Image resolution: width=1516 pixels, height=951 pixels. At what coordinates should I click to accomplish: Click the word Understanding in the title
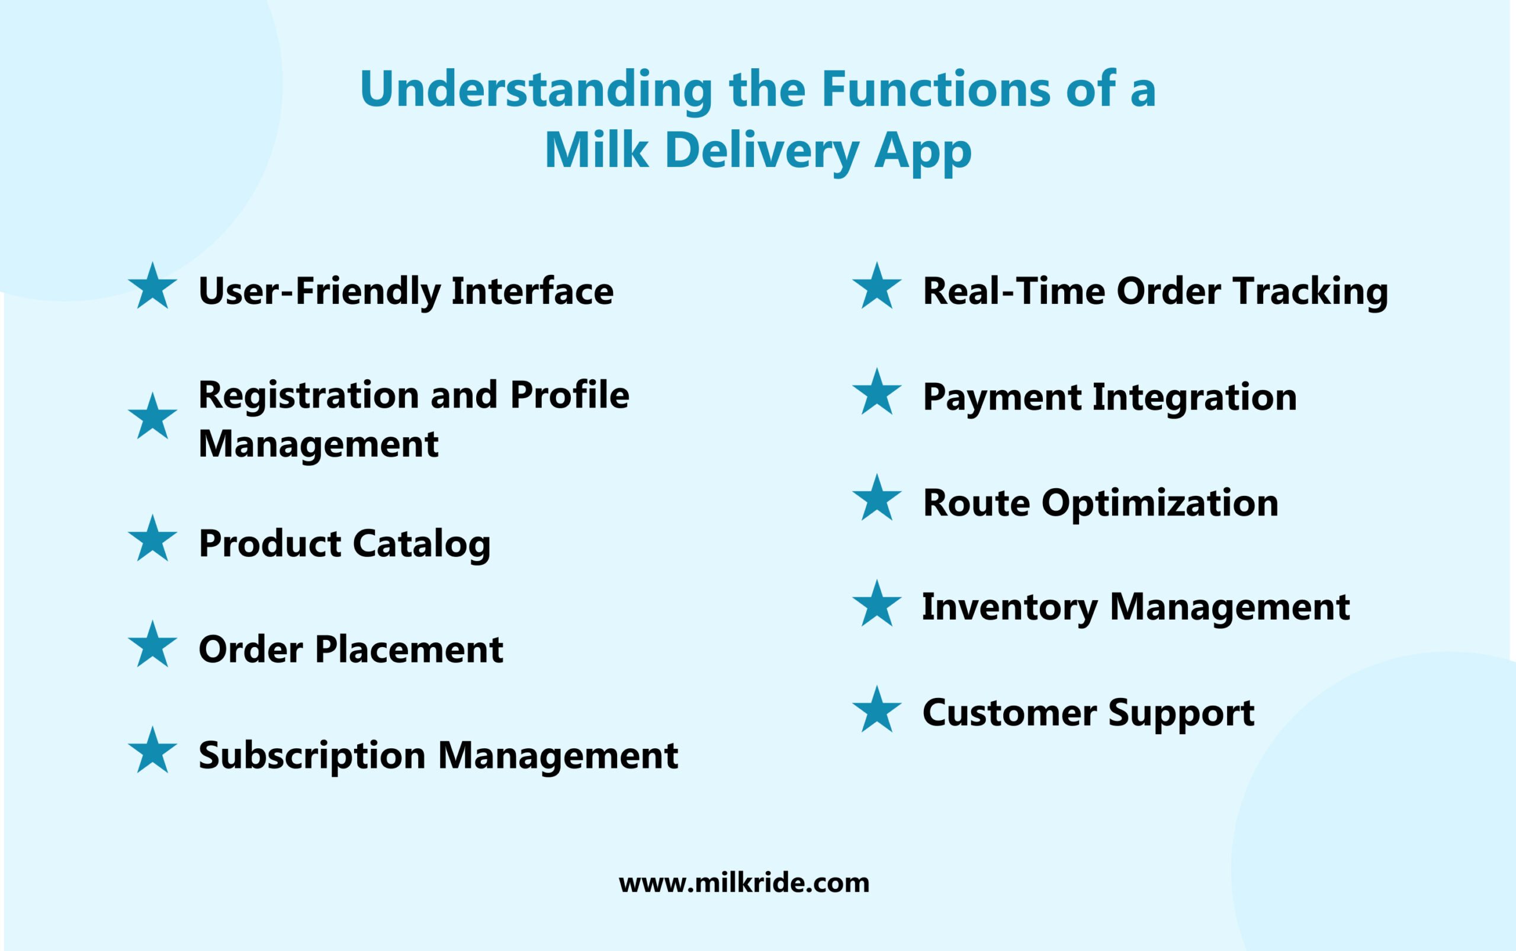(536, 90)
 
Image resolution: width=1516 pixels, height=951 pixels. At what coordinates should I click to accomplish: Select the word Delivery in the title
(761, 151)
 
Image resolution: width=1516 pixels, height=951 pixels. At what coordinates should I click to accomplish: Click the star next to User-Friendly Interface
(153, 287)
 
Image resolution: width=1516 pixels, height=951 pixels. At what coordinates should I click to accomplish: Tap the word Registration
(309, 395)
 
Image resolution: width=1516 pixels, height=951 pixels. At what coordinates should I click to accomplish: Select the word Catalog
(421, 544)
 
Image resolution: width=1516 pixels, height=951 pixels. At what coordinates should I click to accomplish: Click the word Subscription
(311, 756)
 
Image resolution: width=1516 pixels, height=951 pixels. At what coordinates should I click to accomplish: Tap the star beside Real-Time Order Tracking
(876, 287)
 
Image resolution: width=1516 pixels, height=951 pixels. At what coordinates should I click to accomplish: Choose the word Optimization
(1160, 504)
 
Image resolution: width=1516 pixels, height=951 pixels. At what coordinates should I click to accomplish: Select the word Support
(1181, 714)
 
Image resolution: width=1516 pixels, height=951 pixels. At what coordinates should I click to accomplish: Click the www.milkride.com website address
(744, 883)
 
